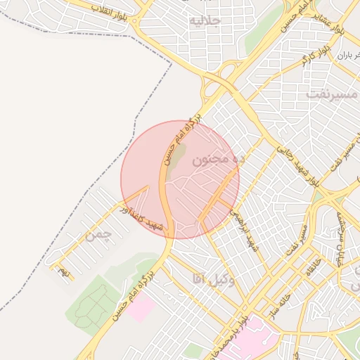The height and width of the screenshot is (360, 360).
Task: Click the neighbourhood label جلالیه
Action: [x=204, y=21]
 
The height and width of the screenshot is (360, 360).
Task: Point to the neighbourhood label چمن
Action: [x=98, y=236]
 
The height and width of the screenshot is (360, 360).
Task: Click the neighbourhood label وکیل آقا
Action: [x=212, y=279]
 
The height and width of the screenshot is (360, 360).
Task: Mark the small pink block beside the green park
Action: [x=140, y=308]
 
